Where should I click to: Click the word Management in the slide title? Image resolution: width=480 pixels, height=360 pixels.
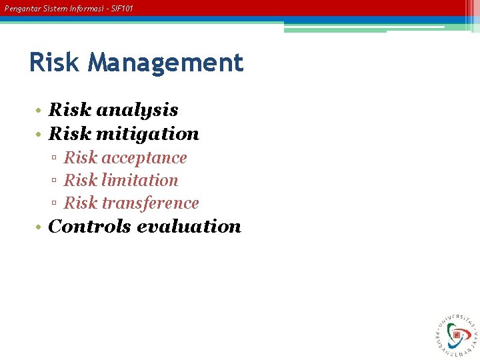coord(165,63)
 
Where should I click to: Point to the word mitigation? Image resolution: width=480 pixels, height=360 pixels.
coord(147,134)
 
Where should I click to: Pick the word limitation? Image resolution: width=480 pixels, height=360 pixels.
coord(139,181)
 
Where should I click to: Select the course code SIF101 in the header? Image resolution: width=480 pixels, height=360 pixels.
coord(123,9)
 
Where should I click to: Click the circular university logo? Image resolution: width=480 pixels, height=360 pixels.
coord(456,333)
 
